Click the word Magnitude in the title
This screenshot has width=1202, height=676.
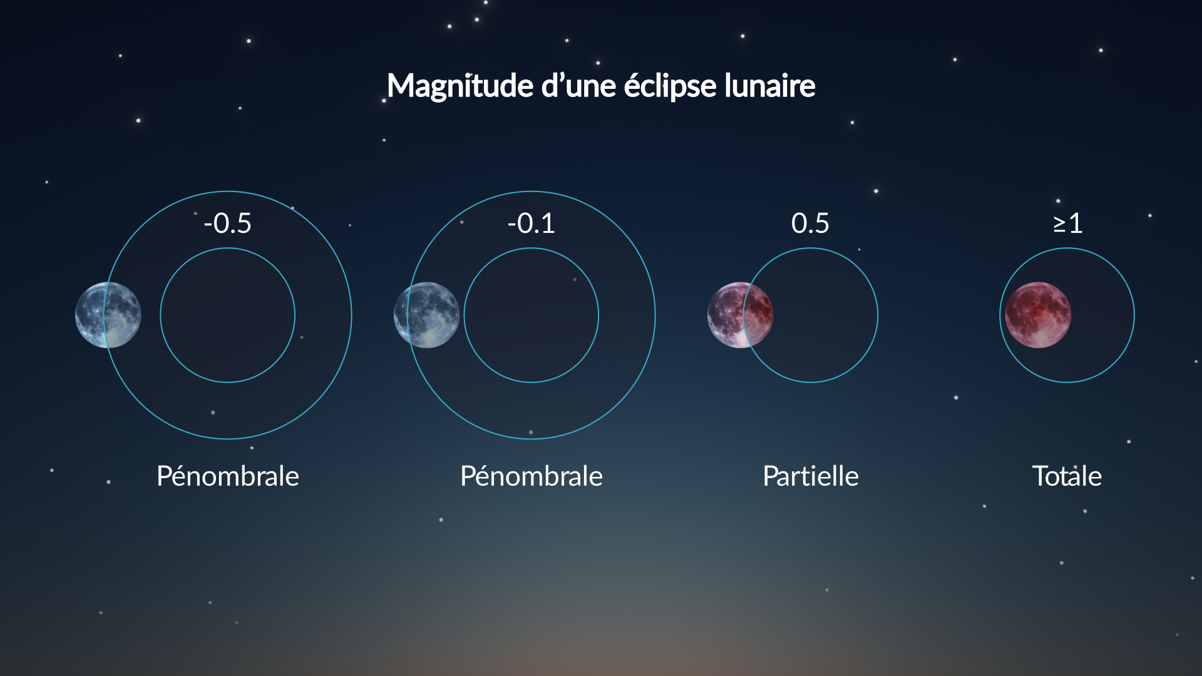click(x=460, y=86)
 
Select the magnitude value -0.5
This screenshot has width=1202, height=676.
click(x=227, y=223)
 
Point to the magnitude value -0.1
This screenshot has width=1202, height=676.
click(x=531, y=223)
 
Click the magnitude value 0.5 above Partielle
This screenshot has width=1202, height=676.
click(x=810, y=223)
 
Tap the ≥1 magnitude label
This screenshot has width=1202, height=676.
click(x=1067, y=223)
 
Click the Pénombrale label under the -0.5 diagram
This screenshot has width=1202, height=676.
click(x=228, y=476)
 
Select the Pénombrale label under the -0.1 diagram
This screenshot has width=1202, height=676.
click(x=532, y=476)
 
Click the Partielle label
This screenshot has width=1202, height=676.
click(x=811, y=476)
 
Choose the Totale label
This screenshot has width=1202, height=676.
click(x=1067, y=476)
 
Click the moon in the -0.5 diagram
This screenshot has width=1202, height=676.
click(x=108, y=315)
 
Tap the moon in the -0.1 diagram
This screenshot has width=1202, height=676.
click(x=426, y=315)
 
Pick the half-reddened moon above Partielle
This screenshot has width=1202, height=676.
click(x=740, y=315)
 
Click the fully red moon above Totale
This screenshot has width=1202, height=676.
click(x=1038, y=315)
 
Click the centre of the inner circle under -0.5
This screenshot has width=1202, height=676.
click(x=227, y=315)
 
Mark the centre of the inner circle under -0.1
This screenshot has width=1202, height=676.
click(x=531, y=315)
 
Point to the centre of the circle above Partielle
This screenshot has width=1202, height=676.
click(x=810, y=315)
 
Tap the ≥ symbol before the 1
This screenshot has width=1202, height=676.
click(x=1059, y=224)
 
